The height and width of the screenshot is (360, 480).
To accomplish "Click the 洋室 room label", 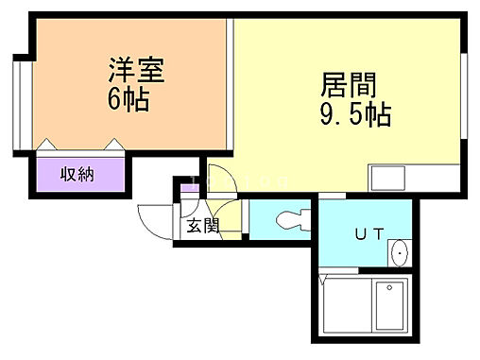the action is click(x=136, y=70).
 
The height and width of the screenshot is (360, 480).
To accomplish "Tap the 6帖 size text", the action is click(x=129, y=99).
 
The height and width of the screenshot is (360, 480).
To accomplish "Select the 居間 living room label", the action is click(x=349, y=84).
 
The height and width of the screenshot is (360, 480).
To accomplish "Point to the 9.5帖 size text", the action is click(x=355, y=114).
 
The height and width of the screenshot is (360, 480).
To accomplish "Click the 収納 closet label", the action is click(x=77, y=174).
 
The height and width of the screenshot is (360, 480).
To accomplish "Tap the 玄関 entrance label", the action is click(x=202, y=226).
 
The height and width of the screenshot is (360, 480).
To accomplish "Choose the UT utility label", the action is click(x=369, y=234).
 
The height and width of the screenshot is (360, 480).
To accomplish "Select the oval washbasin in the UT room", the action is click(x=400, y=253).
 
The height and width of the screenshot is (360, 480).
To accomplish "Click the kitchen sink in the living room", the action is click(x=388, y=178).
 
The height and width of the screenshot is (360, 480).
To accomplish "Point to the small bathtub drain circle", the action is click(x=389, y=287).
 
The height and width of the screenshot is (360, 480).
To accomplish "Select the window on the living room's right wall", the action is click(x=463, y=96).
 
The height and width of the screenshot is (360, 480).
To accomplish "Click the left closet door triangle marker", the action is click(x=46, y=144).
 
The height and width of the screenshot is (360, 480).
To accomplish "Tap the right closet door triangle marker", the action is click(x=114, y=144).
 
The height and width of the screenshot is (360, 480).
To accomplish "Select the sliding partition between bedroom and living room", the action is click(x=231, y=84).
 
